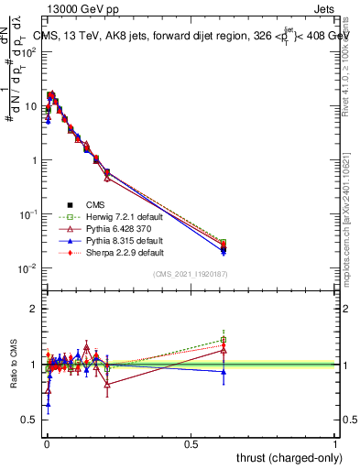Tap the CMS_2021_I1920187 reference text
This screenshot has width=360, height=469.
tap(190, 275)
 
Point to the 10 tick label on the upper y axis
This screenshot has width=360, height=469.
tap(29, 106)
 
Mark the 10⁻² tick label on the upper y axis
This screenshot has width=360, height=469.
tap(27, 268)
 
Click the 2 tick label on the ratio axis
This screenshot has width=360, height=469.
tap(34, 309)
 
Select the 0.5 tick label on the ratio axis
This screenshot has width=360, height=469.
tap(29, 420)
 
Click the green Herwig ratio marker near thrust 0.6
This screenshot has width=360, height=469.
tap(224, 340)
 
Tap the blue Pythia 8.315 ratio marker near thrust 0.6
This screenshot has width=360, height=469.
tap(224, 371)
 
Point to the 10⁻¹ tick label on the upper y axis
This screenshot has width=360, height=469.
tap(27, 214)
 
